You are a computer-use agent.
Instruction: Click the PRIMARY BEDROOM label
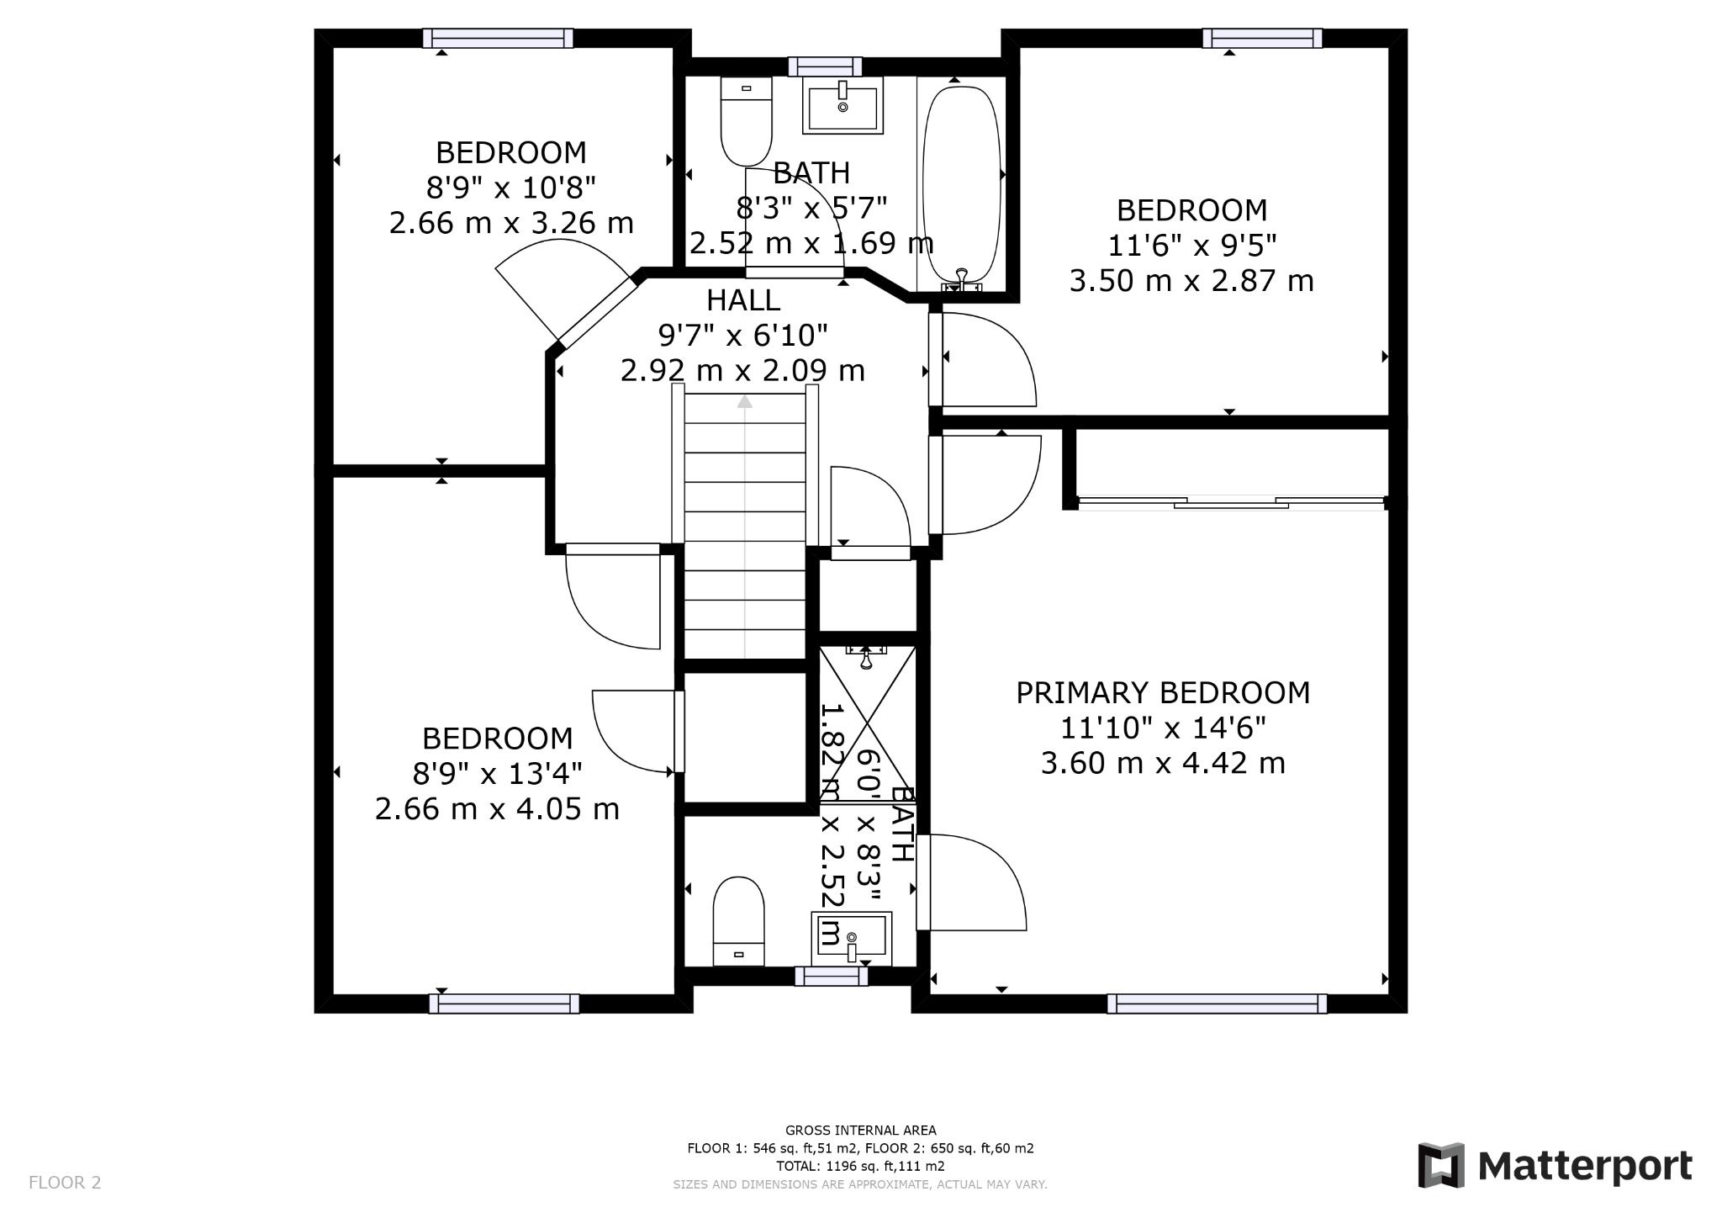pos(1163,693)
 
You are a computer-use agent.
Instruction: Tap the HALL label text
pos(742,300)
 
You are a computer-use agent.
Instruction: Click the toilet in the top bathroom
pos(746,122)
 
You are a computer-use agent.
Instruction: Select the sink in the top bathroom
pos(843,105)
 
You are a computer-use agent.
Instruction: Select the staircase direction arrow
pos(744,403)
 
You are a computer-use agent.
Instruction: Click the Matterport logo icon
pos(1441,1165)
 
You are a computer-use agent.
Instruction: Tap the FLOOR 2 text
pos(65,1183)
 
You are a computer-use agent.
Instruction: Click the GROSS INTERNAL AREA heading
pos(860,1131)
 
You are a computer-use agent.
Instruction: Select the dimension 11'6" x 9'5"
pos(1191,246)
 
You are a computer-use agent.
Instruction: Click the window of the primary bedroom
pos(1216,1004)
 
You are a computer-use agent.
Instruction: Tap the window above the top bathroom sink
pos(825,66)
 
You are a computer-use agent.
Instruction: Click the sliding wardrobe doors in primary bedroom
pos(1230,503)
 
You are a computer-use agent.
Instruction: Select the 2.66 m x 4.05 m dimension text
pos(497,809)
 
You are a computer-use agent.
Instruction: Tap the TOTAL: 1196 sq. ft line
pos(860,1166)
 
